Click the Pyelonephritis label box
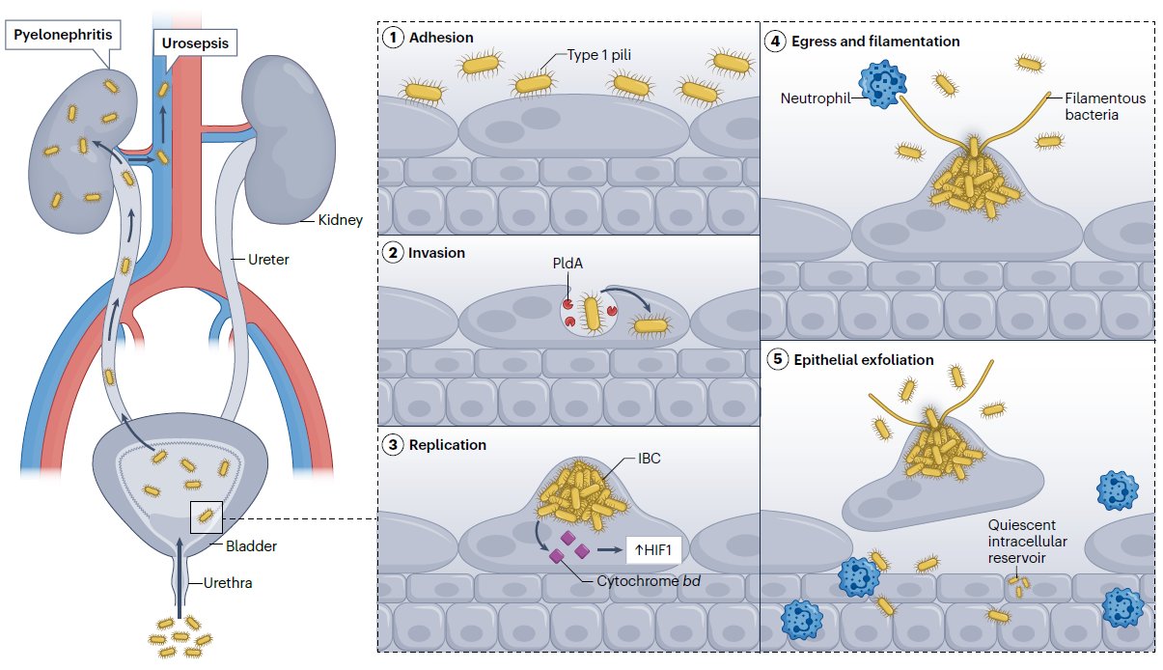(x=61, y=36)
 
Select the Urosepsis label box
(x=195, y=43)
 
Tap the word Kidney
(x=340, y=220)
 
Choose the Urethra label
(x=230, y=583)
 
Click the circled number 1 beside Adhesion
(x=393, y=38)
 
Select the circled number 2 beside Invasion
(x=393, y=253)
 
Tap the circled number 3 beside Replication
(x=393, y=445)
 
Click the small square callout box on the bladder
(x=208, y=517)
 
